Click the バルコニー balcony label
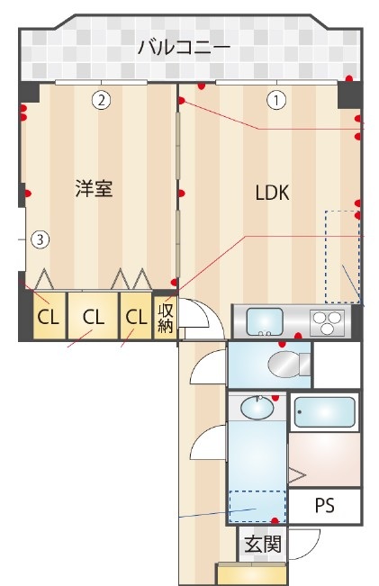184,48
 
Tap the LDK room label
272,193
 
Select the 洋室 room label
94,189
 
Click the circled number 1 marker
276,100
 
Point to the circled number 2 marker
103,100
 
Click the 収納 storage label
166,318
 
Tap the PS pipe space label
324,506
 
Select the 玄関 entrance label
262,544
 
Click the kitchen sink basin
266,321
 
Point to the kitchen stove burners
328,321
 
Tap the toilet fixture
286,365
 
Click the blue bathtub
324,413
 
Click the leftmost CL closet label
49,317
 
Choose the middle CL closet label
93,317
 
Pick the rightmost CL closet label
136,317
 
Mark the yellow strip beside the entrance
251,573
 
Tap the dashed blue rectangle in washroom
256,504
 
